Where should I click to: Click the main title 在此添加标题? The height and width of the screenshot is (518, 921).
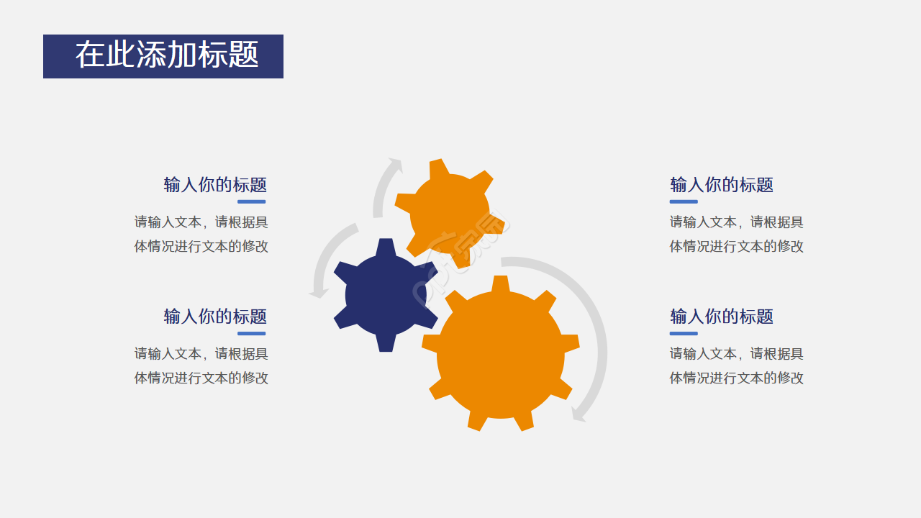point(167,55)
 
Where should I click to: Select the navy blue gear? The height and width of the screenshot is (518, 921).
point(386,295)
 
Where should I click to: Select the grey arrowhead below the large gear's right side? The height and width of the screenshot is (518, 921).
point(579,415)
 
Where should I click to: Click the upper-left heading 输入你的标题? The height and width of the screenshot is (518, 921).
point(215,185)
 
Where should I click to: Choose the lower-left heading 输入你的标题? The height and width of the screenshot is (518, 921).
point(215,317)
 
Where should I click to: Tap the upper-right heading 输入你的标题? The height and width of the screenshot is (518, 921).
point(722,185)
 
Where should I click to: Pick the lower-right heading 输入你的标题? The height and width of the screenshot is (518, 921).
point(722,317)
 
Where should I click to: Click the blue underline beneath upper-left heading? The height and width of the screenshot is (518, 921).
point(252,202)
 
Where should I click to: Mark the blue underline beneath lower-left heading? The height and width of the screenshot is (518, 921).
point(252,333)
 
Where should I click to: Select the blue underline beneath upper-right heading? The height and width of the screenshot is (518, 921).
point(684,202)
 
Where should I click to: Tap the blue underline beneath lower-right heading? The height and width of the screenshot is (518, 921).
point(684,333)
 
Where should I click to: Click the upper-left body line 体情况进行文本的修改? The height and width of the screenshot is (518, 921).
point(201,246)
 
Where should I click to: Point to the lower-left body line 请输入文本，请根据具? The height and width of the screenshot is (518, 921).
point(201,353)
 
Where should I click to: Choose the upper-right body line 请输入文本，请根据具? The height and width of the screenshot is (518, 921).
point(736,222)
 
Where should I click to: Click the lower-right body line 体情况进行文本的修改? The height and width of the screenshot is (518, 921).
point(736,378)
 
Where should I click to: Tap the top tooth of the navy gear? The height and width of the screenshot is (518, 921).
point(386,247)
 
